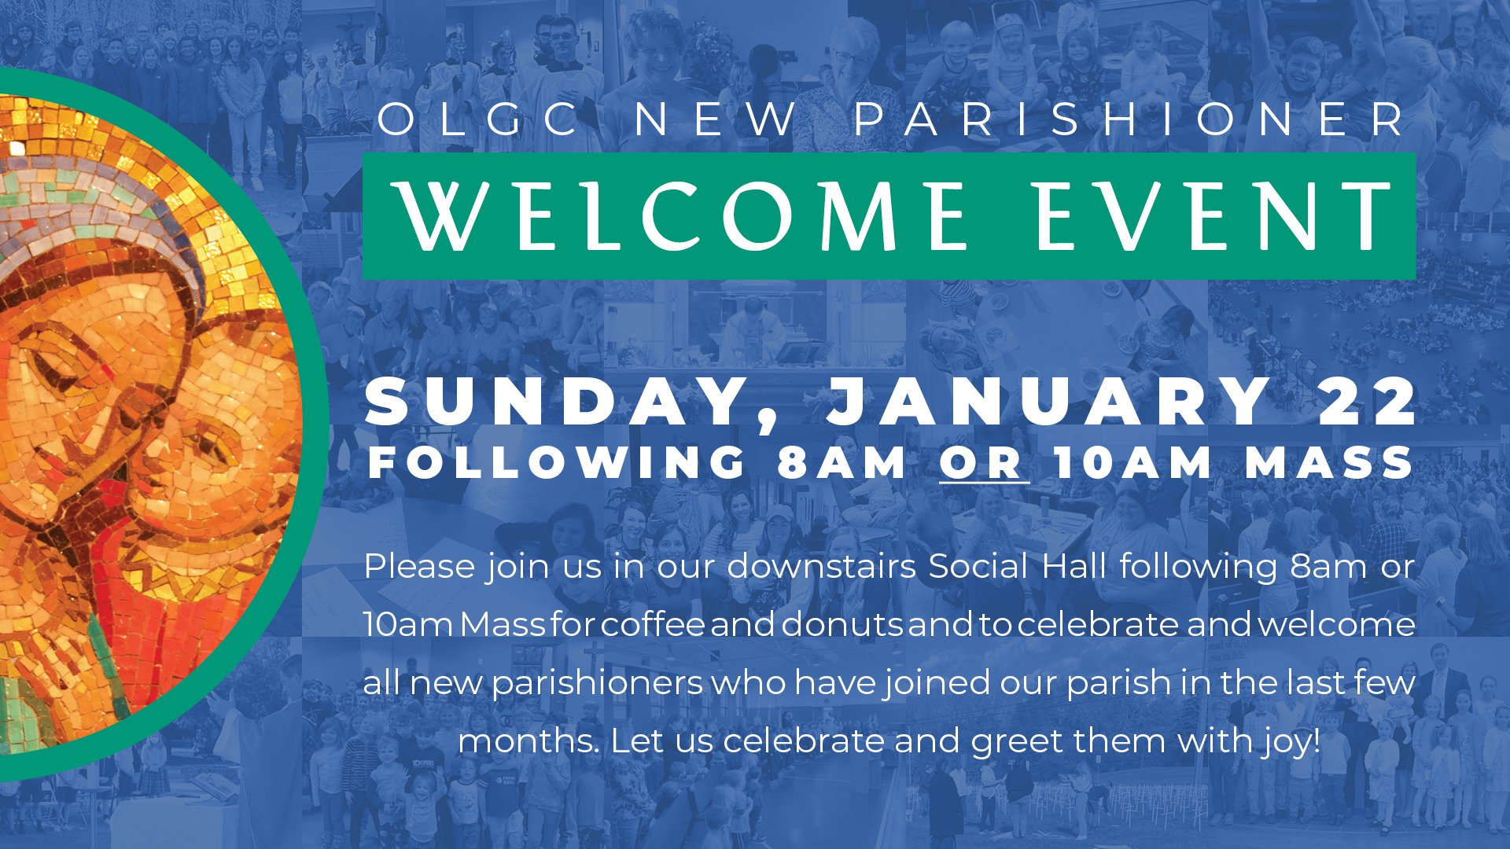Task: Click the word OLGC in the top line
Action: pyautogui.click(x=478, y=119)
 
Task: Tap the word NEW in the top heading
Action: pyautogui.click(x=716, y=119)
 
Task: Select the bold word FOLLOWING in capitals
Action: pyautogui.click(x=557, y=462)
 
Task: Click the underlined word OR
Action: pyautogui.click(x=983, y=462)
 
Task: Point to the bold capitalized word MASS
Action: pyautogui.click(x=1329, y=462)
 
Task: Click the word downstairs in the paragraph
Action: pyautogui.click(x=822, y=566)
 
